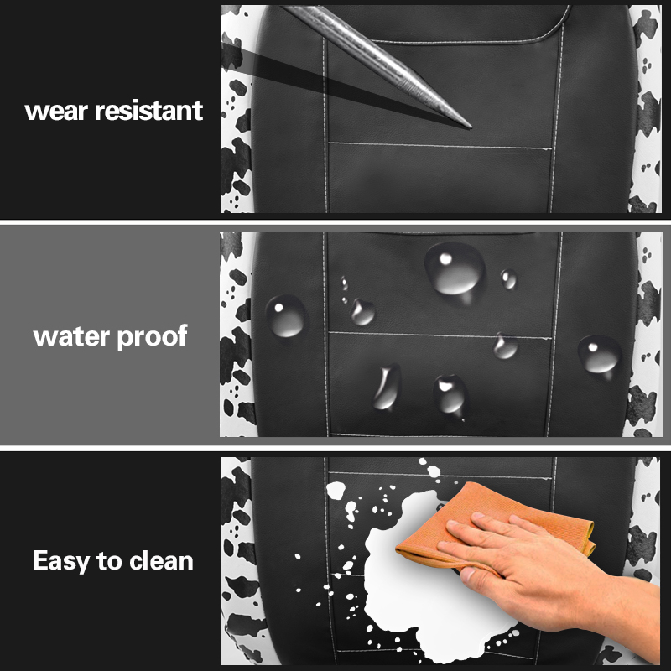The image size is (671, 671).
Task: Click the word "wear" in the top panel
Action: (55, 112)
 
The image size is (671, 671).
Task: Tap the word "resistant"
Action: (148, 111)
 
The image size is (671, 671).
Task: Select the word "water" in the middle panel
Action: (71, 336)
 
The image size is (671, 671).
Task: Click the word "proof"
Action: (152, 337)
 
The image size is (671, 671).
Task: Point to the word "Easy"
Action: (60, 561)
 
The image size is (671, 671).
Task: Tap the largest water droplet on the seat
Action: (455, 269)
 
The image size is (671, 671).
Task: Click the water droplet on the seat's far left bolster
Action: (286, 316)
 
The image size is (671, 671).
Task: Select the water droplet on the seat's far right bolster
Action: (600, 354)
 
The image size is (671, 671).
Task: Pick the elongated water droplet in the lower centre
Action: (388, 388)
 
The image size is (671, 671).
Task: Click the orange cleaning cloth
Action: (492, 526)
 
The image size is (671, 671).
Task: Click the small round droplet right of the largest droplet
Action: (509, 279)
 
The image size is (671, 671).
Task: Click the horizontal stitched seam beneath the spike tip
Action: (440, 146)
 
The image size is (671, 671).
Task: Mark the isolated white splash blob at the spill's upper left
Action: (336, 490)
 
